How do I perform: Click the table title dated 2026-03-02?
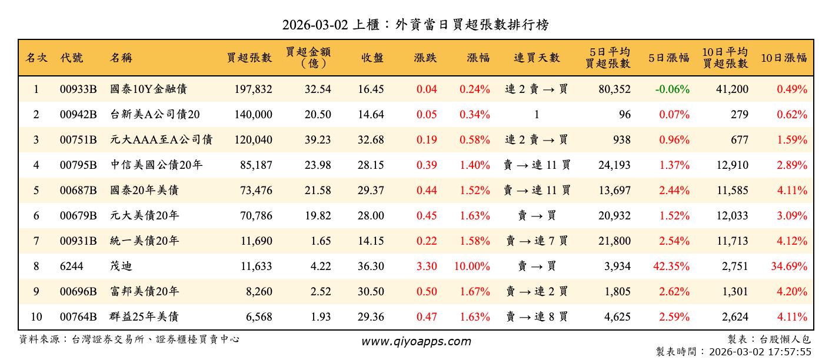point(415,25)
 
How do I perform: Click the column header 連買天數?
point(537,58)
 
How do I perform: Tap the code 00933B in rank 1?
point(78,89)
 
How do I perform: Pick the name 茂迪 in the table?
point(121,266)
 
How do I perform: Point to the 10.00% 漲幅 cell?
point(472,266)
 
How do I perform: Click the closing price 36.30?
point(371,266)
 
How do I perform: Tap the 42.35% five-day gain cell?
point(671,266)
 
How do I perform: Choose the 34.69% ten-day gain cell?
point(788,266)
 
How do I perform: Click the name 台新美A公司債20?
point(155,115)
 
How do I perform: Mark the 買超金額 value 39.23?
point(318,140)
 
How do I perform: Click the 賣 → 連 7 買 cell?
point(537,241)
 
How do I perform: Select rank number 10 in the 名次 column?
point(36,317)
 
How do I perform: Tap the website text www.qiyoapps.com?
point(415,342)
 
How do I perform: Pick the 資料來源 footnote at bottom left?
point(129,339)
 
